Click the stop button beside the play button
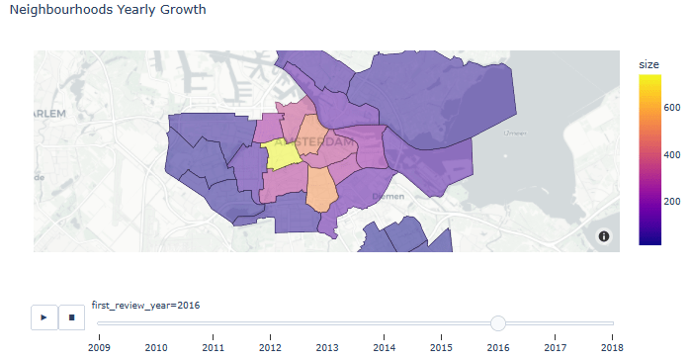pos(71,317)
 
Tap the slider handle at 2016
pos(498,323)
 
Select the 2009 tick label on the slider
pos(99,347)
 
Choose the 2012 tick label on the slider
pos(270,347)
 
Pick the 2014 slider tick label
pos(385,347)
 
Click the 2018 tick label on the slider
pos(612,347)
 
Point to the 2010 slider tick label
pos(156,347)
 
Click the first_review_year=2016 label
pos(145,305)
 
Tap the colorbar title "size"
pos(648,64)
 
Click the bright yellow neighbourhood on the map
pos(282,155)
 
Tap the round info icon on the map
pos(604,236)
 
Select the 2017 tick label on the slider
pos(556,347)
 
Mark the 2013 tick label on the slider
pos(327,347)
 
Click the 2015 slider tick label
pos(441,347)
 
